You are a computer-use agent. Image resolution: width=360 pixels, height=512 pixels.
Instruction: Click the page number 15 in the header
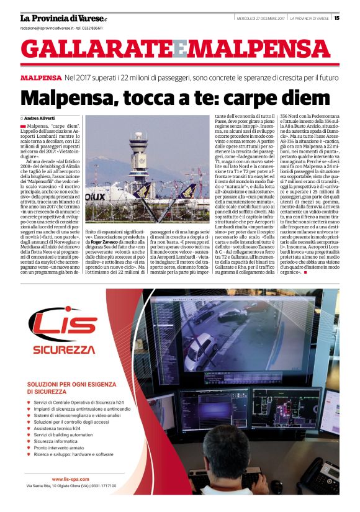pyautogui.click(x=336, y=17)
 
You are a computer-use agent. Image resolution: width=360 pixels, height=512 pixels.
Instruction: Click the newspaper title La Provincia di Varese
pyautogui.click(x=62, y=17)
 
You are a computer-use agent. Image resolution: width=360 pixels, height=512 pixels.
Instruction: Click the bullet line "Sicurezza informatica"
pyautogui.click(x=65, y=442)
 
